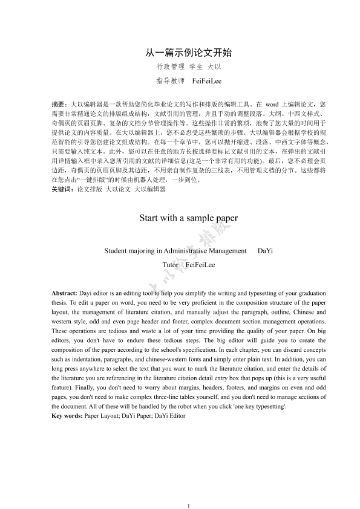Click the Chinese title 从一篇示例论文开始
(x=180, y=53)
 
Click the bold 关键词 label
(x=61, y=189)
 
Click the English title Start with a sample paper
(x=180, y=217)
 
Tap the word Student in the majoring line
(x=116, y=250)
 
